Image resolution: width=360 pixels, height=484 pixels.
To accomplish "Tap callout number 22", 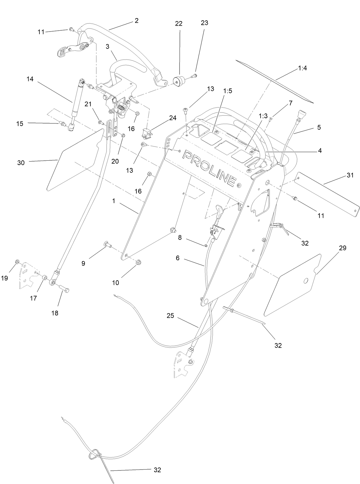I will [179, 24].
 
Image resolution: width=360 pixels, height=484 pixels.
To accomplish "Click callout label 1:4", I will [303, 68].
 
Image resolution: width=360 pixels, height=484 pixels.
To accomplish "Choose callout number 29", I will [342, 248].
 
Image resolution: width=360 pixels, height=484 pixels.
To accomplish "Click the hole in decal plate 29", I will [306, 281].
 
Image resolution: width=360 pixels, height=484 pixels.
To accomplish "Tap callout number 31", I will [350, 175].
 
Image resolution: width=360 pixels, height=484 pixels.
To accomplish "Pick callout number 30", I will [21, 162].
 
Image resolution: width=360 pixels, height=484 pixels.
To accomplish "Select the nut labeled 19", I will [17, 262].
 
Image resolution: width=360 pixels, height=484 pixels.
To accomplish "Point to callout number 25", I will [170, 316].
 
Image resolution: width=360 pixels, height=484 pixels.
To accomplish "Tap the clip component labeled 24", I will [147, 133].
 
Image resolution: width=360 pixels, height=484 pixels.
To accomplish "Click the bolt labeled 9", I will [107, 244].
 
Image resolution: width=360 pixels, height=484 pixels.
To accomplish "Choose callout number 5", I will [319, 127].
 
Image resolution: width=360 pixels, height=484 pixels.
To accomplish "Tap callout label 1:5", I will [228, 91].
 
